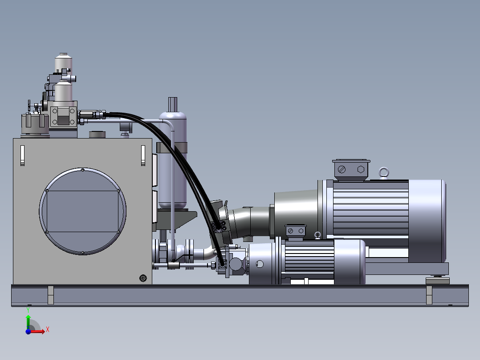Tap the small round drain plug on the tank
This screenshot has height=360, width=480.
click(x=143, y=278)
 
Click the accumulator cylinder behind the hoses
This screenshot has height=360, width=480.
click(x=172, y=160)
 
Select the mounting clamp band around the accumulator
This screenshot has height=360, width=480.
click(x=171, y=147)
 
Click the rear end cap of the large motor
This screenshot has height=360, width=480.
click(x=427, y=221)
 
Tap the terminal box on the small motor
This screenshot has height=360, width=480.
click(x=296, y=231)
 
